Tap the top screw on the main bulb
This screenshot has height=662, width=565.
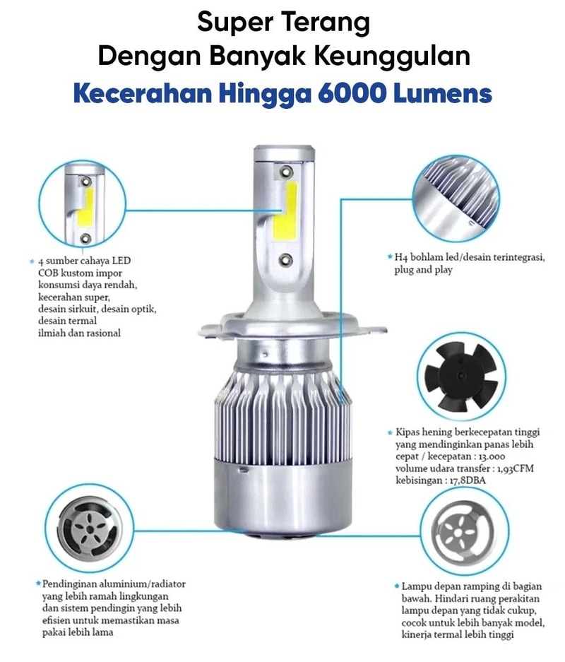pyautogui.click(x=287, y=172)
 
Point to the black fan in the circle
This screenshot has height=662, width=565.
pyautogui.click(x=460, y=377)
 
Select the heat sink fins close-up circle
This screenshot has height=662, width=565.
pyautogui.click(x=456, y=199)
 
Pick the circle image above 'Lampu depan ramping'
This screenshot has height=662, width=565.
pyautogui.click(x=464, y=531)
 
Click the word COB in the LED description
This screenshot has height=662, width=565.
pyautogui.click(x=48, y=273)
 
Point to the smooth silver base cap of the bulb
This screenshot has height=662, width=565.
pyautogui.click(x=282, y=498)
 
